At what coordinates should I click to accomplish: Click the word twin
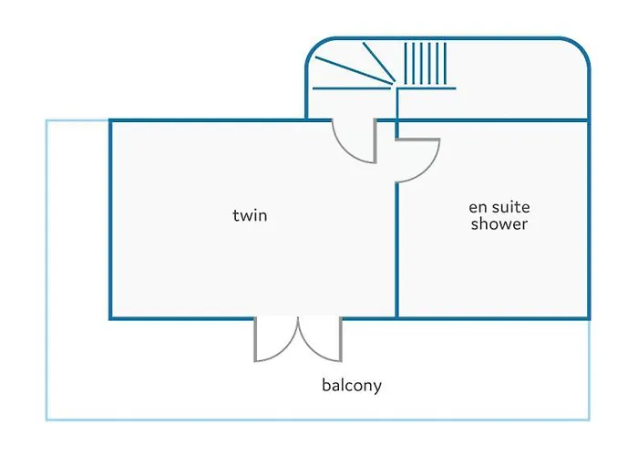pos(250,215)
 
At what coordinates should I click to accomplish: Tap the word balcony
pos(352,385)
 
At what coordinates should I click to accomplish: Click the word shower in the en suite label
pos(499,223)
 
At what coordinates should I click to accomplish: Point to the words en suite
pos(499,207)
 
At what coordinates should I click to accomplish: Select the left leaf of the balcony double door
pos(276,339)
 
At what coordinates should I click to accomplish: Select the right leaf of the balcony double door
pos(320,339)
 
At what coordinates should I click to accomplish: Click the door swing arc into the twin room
pos(354,140)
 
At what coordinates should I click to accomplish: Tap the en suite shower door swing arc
pos(417,161)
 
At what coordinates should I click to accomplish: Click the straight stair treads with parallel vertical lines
pos(426,63)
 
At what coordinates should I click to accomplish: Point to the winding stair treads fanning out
pos(354,65)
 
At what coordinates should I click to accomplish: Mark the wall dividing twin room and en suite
pos(396,250)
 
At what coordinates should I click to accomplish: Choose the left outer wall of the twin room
pos(110,219)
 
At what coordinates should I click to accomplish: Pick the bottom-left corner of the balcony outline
pos(46,420)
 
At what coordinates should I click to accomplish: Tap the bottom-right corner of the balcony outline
pos(589,420)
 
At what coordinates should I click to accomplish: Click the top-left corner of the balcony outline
pos(46,120)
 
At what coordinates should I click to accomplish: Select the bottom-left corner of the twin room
pos(110,318)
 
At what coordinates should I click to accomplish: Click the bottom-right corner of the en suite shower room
pos(589,318)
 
